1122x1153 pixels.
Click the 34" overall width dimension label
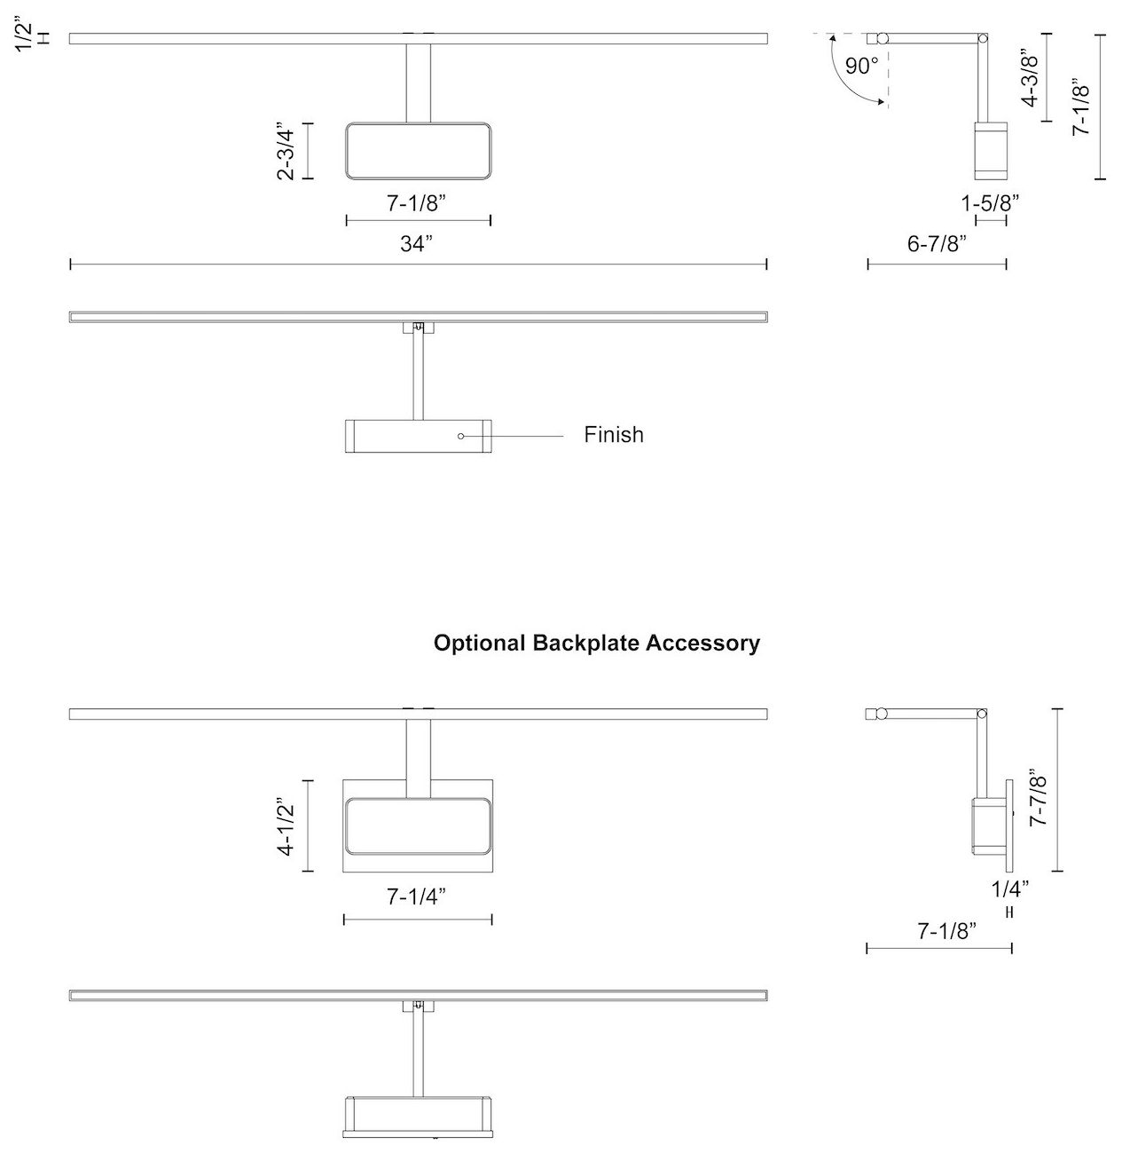pyautogui.click(x=415, y=244)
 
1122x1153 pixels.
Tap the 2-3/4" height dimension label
pyautogui.click(x=286, y=151)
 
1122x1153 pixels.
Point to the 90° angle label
pyautogui.click(x=861, y=66)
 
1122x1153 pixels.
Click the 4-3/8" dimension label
pyautogui.click(x=1030, y=77)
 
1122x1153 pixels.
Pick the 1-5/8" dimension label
pyautogui.click(x=990, y=202)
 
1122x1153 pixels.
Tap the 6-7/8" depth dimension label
pyautogui.click(x=937, y=244)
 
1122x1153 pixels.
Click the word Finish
pyautogui.click(x=614, y=435)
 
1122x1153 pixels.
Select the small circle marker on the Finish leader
pyautogui.click(x=461, y=436)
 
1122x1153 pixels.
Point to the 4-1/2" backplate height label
pyautogui.click(x=286, y=825)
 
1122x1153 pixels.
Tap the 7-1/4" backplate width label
pyautogui.click(x=416, y=897)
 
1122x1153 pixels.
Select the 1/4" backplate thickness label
pyautogui.click(x=1010, y=887)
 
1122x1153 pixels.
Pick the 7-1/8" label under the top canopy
pyautogui.click(x=416, y=202)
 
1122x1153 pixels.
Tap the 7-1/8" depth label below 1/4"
pyautogui.click(x=946, y=931)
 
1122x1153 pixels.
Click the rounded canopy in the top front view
pyautogui.click(x=418, y=151)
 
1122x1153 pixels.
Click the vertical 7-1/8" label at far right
pyautogui.click(x=1081, y=107)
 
